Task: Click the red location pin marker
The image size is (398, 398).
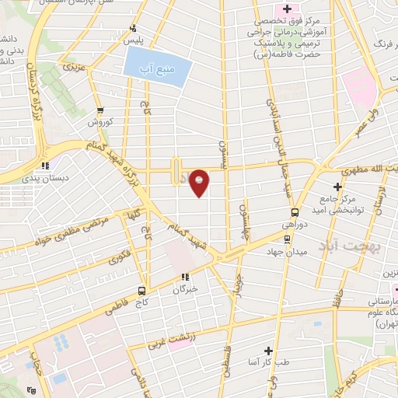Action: pos(201,182)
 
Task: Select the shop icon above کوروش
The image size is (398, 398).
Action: pos(100,110)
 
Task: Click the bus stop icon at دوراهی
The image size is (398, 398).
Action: pos(295,212)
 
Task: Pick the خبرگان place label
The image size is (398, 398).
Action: pos(185,288)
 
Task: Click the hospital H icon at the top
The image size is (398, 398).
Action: pos(287,9)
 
